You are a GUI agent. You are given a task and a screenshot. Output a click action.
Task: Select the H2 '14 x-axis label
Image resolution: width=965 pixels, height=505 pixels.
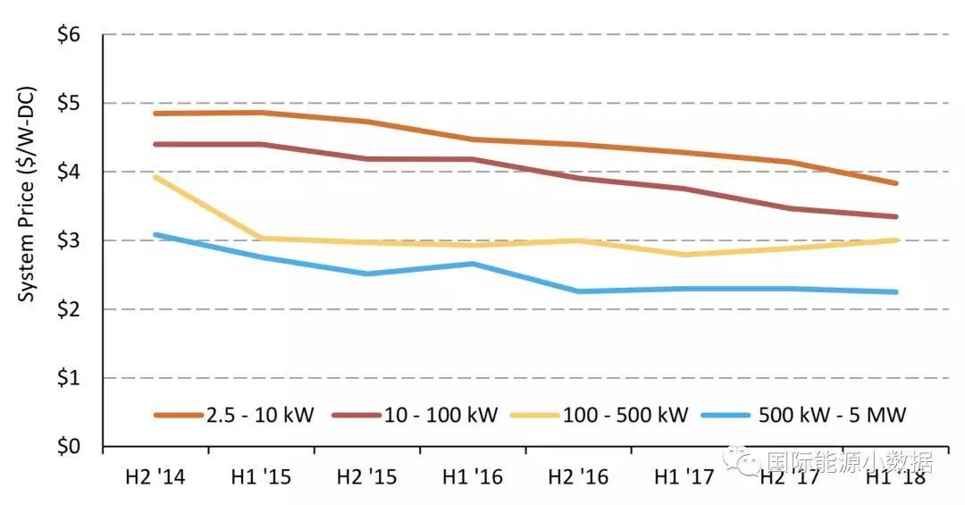155,477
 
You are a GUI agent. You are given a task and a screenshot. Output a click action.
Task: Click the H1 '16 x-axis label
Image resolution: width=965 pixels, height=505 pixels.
472,477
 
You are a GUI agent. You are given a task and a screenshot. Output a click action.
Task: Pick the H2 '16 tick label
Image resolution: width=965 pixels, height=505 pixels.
577,477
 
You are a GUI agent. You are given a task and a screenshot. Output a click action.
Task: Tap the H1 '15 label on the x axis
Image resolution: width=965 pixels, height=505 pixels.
260,477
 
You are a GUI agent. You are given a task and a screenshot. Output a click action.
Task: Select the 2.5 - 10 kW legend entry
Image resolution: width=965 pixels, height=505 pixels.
234,415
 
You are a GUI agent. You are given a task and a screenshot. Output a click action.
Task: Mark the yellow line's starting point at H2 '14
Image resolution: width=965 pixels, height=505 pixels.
155,177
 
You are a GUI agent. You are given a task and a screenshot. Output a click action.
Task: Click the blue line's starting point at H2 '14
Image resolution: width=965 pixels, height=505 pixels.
155,234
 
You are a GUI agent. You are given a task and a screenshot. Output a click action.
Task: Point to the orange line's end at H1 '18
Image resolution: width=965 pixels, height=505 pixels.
896,183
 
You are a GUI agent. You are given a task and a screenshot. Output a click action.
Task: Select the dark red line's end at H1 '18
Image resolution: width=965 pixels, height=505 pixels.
896,216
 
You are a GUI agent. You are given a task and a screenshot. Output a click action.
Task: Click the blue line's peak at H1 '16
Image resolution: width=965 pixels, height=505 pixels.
473,264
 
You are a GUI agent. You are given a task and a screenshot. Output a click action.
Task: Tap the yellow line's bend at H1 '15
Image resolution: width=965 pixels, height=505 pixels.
261,238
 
